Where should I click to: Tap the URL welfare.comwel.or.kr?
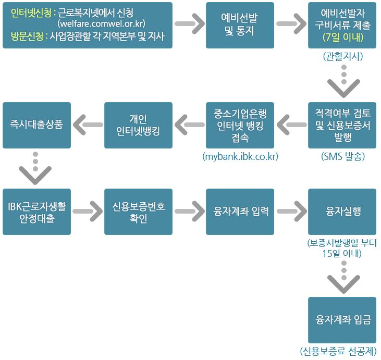click(x=101, y=24)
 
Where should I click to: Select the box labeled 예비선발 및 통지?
click(x=240, y=25)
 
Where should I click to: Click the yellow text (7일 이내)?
click(x=342, y=37)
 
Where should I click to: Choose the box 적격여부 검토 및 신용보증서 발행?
click(x=342, y=125)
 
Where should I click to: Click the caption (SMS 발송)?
click(x=342, y=156)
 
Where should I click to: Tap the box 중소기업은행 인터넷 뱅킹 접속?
click(x=240, y=125)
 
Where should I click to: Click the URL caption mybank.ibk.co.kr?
click(x=240, y=156)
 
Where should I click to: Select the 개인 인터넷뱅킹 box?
click(x=138, y=125)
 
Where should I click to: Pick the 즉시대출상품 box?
click(x=36, y=125)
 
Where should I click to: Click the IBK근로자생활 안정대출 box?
click(x=36, y=212)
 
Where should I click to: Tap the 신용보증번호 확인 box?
click(x=138, y=212)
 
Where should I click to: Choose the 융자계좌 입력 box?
click(x=240, y=212)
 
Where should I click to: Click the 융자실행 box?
click(x=342, y=212)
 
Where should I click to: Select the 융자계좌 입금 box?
click(x=342, y=319)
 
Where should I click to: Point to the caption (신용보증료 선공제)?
click(x=338, y=351)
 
